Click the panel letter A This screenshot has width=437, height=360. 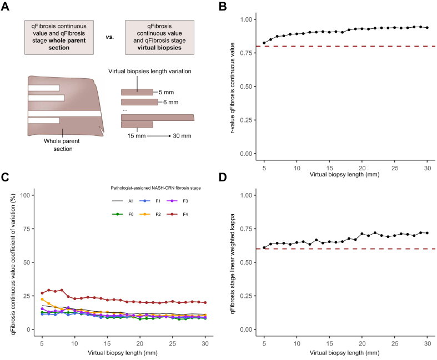pyautogui.click(x=5, y=6)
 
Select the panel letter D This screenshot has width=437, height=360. pyautogui.click(x=223, y=177)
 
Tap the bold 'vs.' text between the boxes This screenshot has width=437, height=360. pyautogui.click(x=110, y=37)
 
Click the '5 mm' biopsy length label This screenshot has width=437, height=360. pyautogui.click(x=167, y=92)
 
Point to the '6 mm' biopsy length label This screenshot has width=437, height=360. pyautogui.click(x=171, y=102)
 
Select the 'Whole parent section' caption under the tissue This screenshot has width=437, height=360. pyautogui.click(x=62, y=145)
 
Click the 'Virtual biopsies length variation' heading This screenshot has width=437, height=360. pyautogui.click(x=150, y=71)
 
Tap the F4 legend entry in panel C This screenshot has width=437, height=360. pyautogui.click(x=178, y=214)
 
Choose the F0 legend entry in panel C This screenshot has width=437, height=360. pyautogui.click(x=123, y=214)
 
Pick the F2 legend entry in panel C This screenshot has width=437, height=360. pyautogui.click(x=150, y=214)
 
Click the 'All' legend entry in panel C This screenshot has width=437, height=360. pyautogui.click(x=123, y=201)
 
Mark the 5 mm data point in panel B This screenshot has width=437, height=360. pyautogui.click(x=264, y=43)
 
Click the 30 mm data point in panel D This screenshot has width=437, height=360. pyautogui.click(x=427, y=233)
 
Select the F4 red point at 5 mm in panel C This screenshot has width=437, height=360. pyautogui.click(x=42, y=293)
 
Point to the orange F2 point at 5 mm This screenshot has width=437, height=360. pyautogui.click(x=42, y=300)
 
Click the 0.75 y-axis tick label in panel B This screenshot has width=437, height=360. pyautogui.click(x=246, y=53)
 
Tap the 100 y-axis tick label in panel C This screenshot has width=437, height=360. pyautogui.click(x=25, y=195)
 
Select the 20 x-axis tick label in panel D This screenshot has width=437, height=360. pyautogui.click(x=362, y=343)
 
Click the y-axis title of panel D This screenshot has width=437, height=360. pyautogui.click(x=233, y=263)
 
